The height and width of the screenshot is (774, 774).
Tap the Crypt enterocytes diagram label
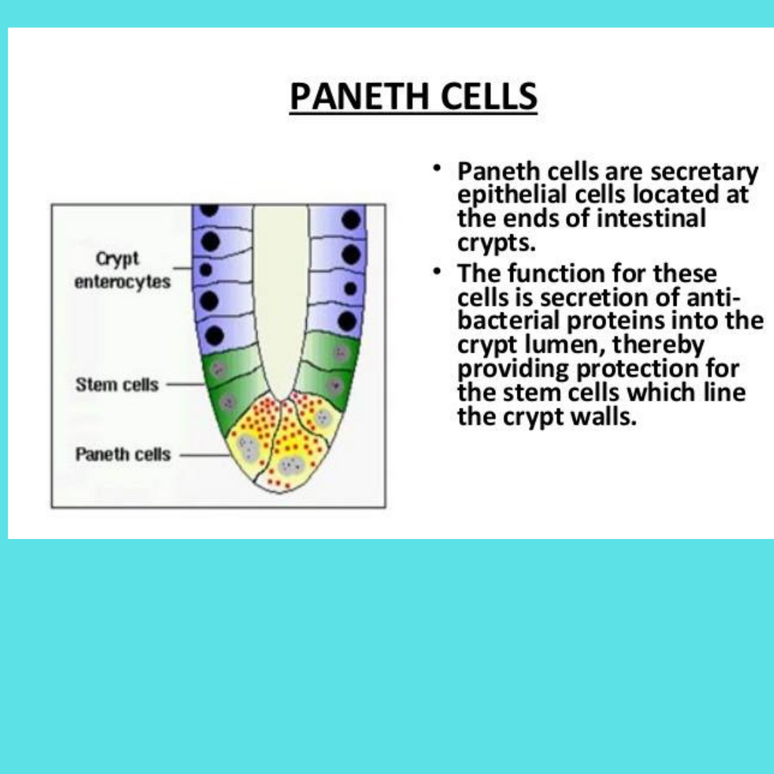122,270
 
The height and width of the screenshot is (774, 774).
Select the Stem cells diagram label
117,385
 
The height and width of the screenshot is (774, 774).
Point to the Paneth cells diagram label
123,454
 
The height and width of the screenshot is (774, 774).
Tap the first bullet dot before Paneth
436,169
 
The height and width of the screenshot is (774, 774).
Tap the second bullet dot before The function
436,271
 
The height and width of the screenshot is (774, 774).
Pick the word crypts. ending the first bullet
497,243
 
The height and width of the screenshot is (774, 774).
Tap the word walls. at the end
604,416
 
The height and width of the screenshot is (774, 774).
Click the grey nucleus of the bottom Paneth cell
291,465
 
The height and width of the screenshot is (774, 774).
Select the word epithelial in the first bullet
512,195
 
